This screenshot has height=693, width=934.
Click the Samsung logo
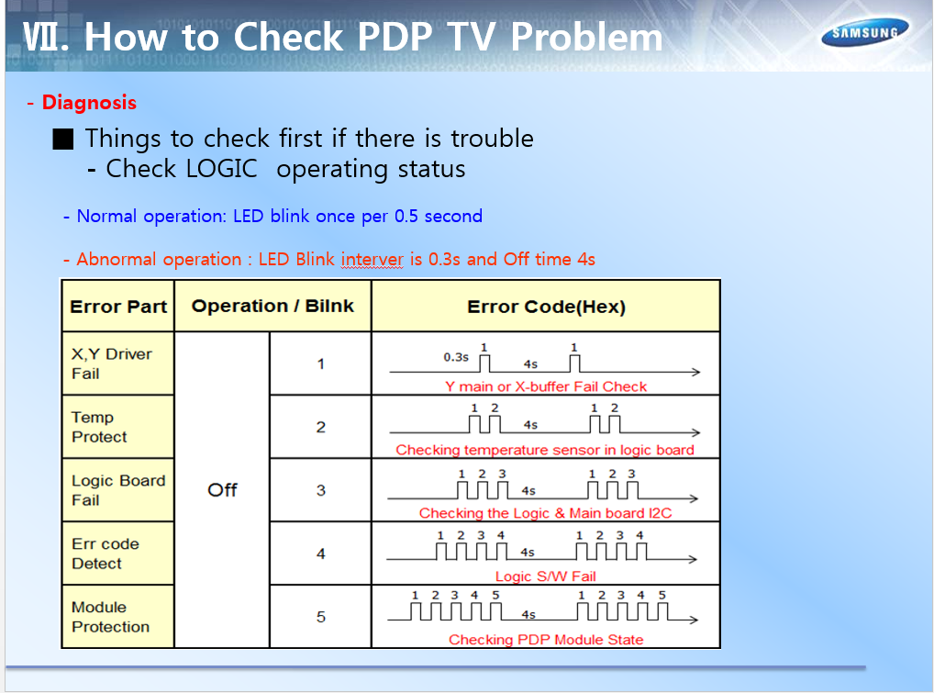865,32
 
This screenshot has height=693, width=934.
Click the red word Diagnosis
89,103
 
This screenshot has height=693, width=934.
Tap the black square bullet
62,140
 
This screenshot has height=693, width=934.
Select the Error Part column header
118,307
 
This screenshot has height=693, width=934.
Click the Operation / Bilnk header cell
272,307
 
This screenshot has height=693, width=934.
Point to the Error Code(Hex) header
546,307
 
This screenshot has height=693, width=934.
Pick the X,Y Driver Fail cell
118,363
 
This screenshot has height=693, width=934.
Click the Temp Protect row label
118,427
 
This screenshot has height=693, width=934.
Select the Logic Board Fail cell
118,490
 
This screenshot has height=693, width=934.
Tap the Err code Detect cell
118,553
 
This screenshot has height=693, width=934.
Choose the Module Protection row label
118,617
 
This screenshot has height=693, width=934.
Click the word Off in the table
222,490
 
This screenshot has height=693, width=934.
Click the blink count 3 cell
320,490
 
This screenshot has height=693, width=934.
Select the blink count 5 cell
320,617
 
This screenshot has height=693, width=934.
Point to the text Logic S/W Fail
546,576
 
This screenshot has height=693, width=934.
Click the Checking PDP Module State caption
546,640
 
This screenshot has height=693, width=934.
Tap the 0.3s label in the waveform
456,357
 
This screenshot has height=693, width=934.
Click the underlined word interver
372,260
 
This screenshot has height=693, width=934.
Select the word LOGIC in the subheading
222,169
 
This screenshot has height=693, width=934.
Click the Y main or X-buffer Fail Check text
546,386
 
